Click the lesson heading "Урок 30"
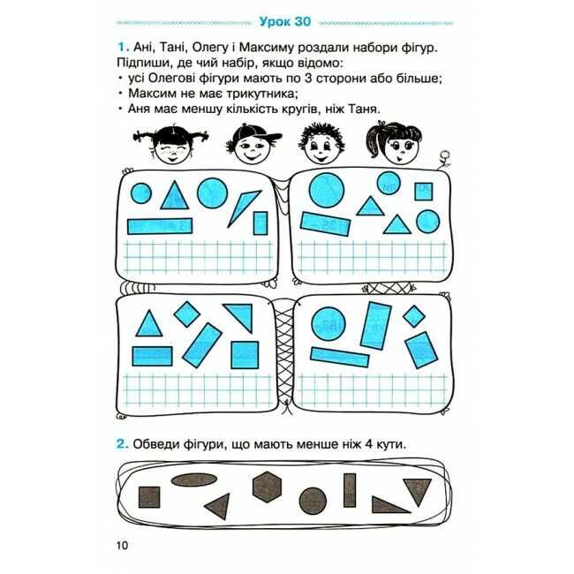[285, 21]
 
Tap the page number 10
[122, 546]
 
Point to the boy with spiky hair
[321, 144]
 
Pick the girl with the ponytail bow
[395, 143]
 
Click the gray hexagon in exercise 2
[268, 487]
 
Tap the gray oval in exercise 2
[194, 480]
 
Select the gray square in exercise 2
[149, 497]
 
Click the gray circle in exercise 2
[313, 501]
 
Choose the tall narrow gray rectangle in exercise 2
[350, 490]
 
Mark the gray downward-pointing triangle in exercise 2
[418, 491]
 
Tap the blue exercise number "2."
[123, 444]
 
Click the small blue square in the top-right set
[424, 192]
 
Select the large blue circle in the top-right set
[327, 191]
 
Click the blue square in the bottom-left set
[245, 355]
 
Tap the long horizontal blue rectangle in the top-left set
[160, 226]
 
